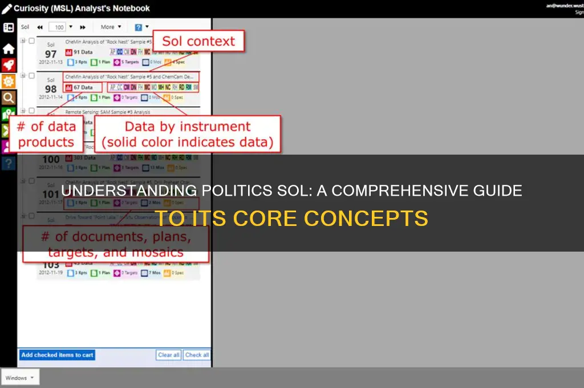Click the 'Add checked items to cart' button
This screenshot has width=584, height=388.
pos(57,355)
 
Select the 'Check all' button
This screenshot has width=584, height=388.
pos(197,355)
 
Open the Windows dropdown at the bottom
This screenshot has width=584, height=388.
pos(21,378)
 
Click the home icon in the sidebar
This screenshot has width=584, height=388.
pos(9,49)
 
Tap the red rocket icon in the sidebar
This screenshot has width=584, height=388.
pos(9,65)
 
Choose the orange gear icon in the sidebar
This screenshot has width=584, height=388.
pos(9,81)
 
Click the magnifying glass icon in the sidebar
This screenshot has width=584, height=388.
pos(9,98)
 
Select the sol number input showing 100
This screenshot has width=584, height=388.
pos(57,27)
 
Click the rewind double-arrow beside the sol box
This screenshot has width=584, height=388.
pos(40,27)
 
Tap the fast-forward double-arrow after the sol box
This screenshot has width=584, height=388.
pos(83,27)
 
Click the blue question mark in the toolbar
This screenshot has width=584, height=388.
pos(139,27)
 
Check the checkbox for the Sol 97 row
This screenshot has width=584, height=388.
pos(31,41)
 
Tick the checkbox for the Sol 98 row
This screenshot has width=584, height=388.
pos(31,75)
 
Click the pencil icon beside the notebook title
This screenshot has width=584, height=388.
pos(7,9)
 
